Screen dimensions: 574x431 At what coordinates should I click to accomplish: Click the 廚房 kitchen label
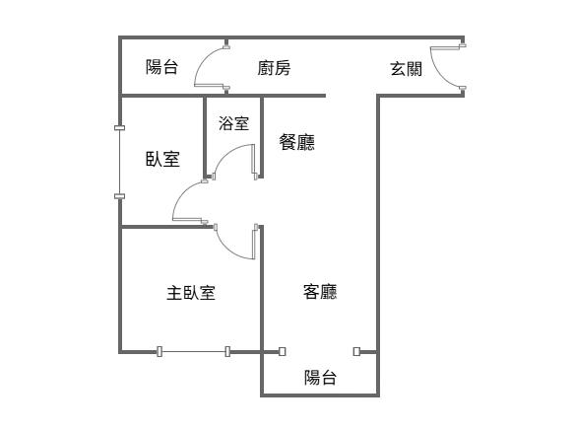[x=274, y=68]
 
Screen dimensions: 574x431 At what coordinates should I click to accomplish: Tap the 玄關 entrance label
[x=407, y=69]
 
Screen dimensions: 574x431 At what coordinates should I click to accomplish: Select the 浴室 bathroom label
[x=234, y=123]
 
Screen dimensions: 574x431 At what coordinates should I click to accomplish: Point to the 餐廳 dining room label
[x=297, y=142]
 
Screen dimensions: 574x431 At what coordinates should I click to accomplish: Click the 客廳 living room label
[x=320, y=292]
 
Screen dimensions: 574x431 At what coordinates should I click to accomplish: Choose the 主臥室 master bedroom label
[x=191, y=293]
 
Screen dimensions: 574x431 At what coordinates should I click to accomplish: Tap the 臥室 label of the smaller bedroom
[x=162, y=159]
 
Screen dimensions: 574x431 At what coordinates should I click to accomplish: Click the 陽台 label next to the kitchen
[x=161, y=67]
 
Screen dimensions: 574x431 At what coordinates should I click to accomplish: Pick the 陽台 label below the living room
[x=320, y=378]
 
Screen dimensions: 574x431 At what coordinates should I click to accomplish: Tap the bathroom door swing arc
[x=227, y=152]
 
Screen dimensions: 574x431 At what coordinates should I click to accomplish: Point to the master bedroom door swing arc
[x=228, y=250]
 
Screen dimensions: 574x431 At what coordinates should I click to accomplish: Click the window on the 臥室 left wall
[x=120, y=162]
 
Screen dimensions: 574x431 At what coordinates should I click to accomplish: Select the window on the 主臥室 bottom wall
[x=193, y=351]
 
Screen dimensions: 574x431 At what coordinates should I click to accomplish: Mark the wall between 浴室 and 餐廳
[x=262, y=137]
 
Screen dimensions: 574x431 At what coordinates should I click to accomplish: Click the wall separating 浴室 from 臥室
[x=205, y=137]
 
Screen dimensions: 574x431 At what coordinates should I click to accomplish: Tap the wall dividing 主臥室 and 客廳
[x=262, y=289]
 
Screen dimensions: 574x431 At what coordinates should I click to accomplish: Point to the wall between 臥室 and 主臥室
[x=167, y=228]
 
